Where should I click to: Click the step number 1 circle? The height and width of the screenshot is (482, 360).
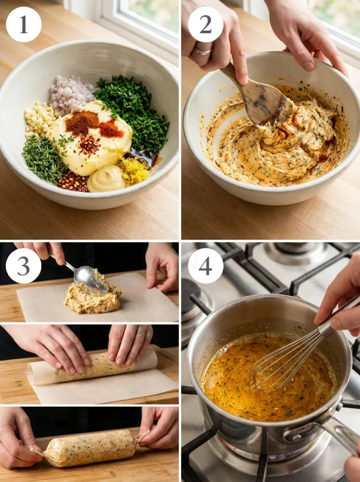pos(24,24)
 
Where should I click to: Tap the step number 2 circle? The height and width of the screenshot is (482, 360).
pos(206,24)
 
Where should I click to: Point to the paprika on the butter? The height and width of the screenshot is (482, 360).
pos(82,122)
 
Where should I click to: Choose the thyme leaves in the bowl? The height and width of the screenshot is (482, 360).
pos(43,158)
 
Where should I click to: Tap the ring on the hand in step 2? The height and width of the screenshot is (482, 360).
pos(203,51)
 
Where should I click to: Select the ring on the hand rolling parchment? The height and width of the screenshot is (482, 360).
pos(141,333)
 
